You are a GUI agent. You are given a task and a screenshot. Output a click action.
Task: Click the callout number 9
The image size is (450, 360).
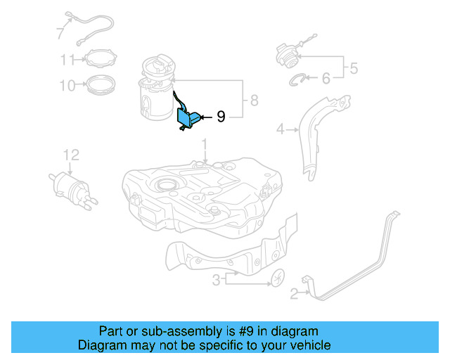(221, 117)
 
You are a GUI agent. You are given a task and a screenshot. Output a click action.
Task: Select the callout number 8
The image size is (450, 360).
(255, 101)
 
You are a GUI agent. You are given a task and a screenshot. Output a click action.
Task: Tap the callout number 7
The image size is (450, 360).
(60, 32)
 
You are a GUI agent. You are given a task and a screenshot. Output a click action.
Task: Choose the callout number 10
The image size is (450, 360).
(67, 86)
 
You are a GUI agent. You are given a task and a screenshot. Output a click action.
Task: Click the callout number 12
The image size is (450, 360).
(71, 155)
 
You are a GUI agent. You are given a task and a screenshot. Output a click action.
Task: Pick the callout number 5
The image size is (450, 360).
(354, 68)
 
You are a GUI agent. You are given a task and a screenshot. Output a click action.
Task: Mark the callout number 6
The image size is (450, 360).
(326, 79)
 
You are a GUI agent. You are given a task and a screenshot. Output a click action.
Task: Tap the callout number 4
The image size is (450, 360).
(280, 129)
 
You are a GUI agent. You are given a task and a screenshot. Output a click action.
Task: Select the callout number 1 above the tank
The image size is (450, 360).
(205, 146)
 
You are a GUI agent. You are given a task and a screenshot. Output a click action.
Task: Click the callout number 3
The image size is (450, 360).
(217, 281)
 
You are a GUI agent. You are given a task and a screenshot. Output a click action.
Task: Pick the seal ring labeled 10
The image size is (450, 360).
(100, 86)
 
